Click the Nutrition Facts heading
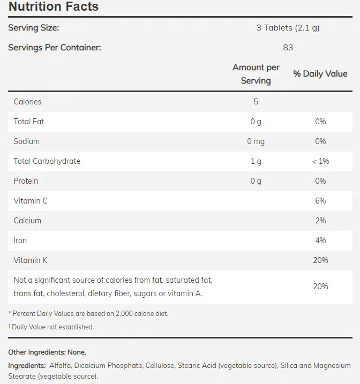coord(54,7)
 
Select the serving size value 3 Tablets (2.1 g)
coord(288,28)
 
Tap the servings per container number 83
coord(288,47)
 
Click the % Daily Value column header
coord(320,74)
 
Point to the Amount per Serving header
coord(256,74)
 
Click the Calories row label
coord(27,102)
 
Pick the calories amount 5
coord(256,102)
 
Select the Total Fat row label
coord(29,122)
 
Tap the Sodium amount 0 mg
coord(256,141)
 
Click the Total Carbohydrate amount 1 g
coord(256,161)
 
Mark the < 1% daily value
coord(320,161)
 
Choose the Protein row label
coord(26,181)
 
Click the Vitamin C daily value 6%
coord(320,201)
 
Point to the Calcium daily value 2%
coord(320,221)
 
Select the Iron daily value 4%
coord(320,240)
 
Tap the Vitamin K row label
coord(31,260)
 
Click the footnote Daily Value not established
coord(52,327)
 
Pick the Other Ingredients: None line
coord(47,352)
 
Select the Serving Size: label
coord(33,28)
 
